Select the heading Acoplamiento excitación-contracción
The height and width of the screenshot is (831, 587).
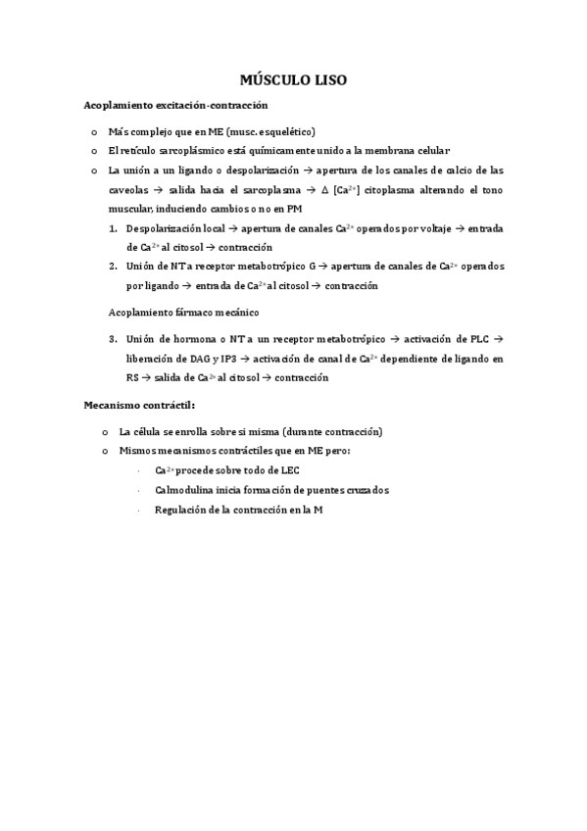coord(175,105)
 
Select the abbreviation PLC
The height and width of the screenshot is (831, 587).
coord(470,339)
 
